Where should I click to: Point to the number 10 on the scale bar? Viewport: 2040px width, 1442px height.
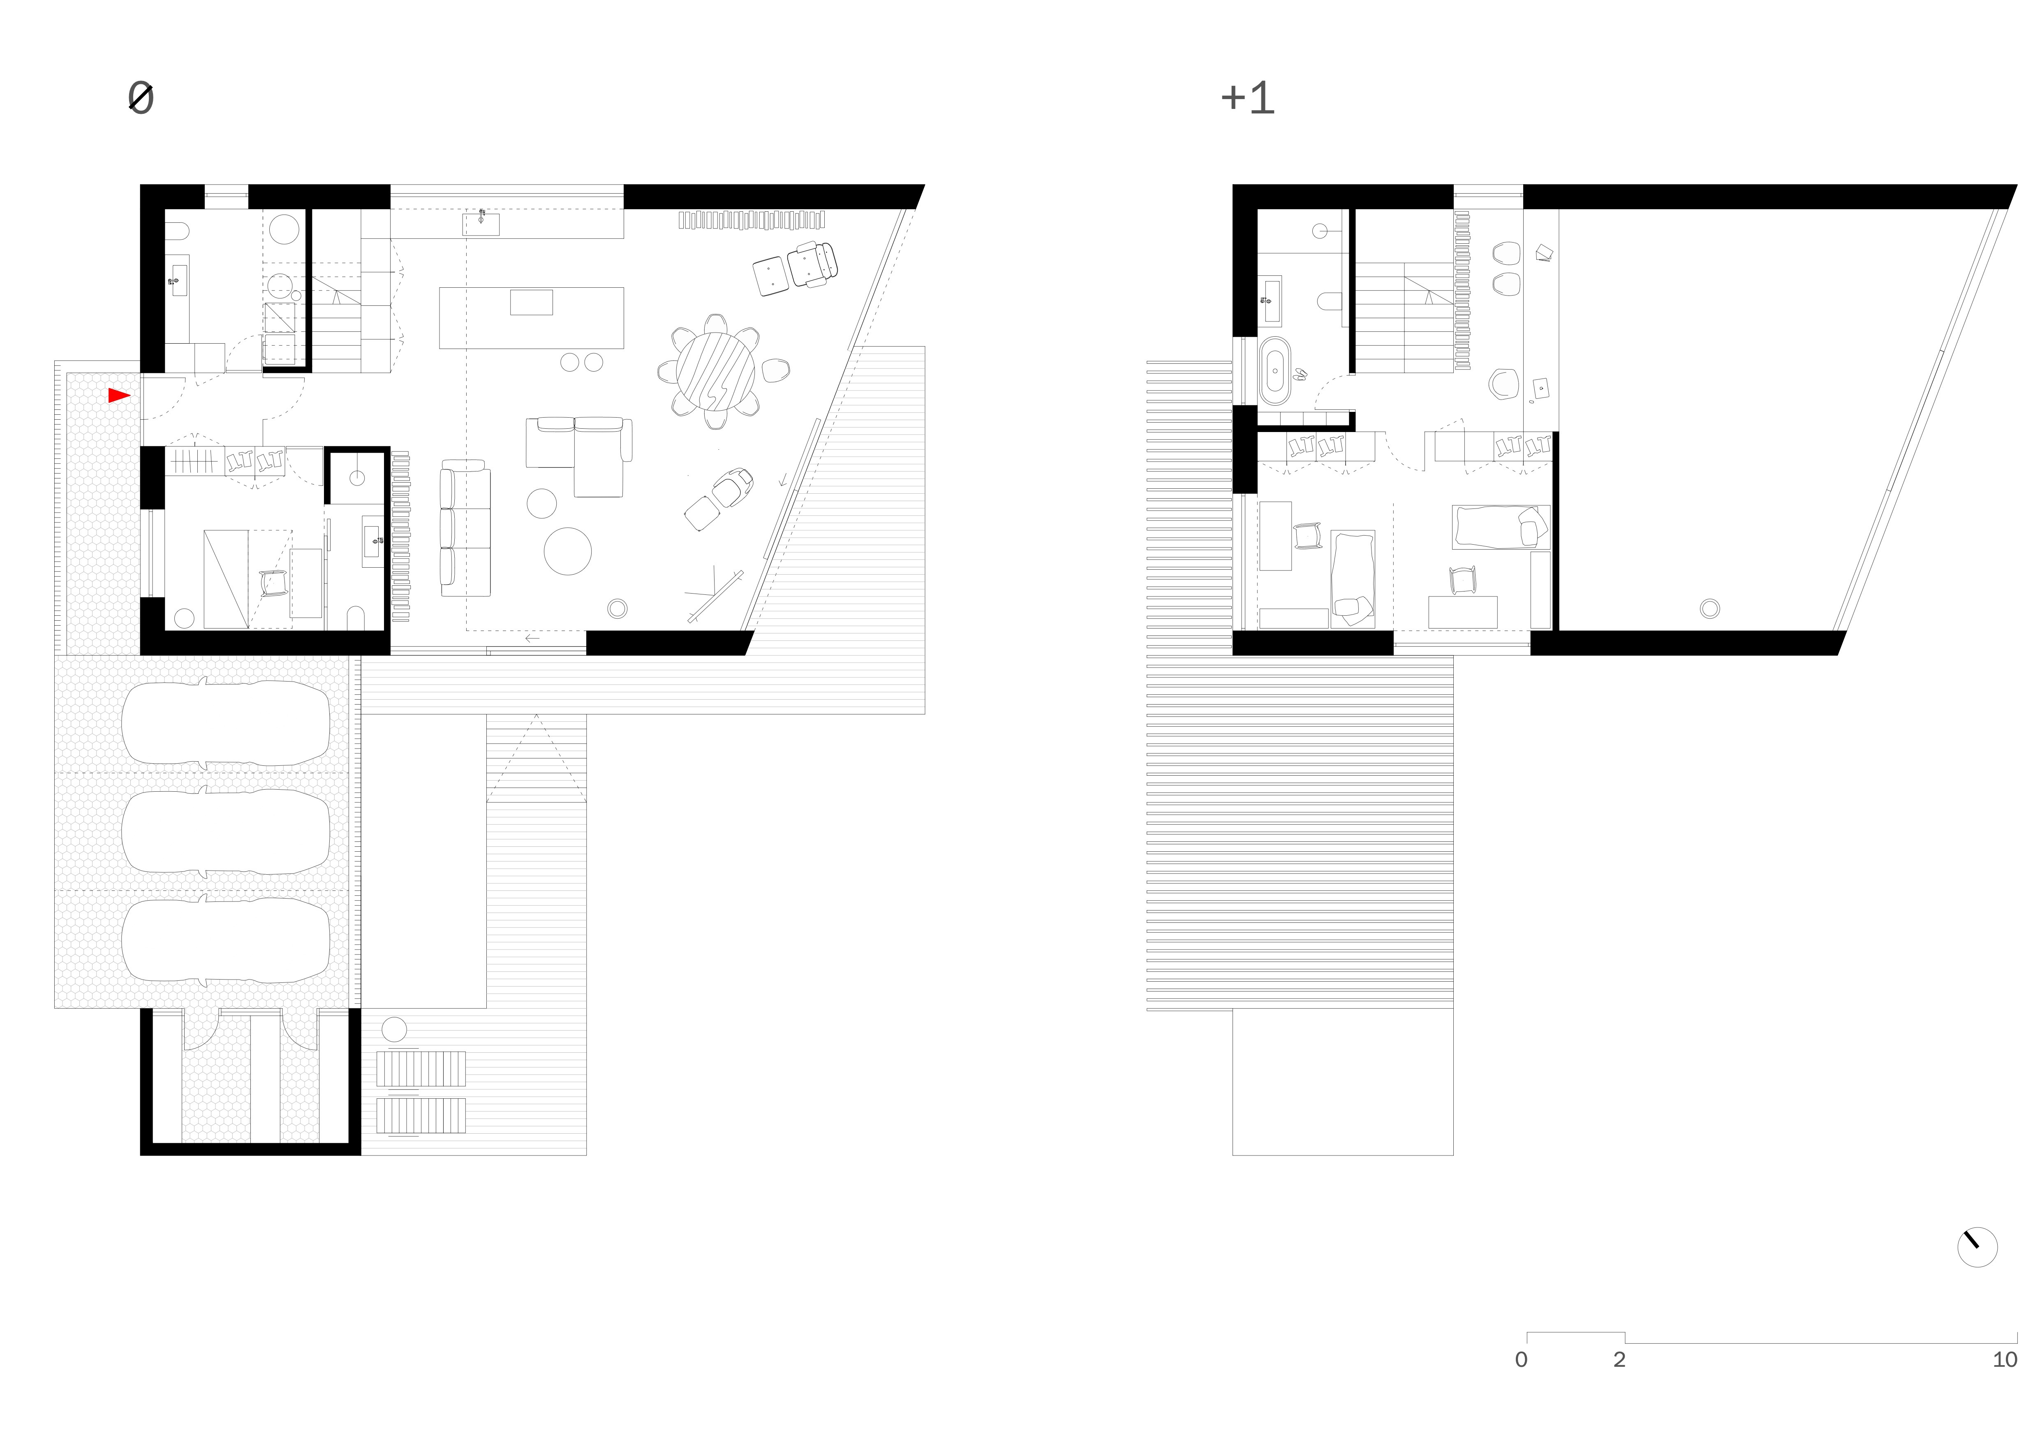click(x=2005, y=1359)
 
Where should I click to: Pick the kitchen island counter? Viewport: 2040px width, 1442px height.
click(x=531, y=317)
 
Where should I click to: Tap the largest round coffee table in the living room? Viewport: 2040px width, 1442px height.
click(x=568, y=551)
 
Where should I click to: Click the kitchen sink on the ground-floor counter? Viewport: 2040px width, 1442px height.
click(x=481, y=223)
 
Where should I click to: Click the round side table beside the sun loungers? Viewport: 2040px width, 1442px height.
click(x=393, y=1030)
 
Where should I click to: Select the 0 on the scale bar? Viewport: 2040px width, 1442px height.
click(x=1521, y=1359)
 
